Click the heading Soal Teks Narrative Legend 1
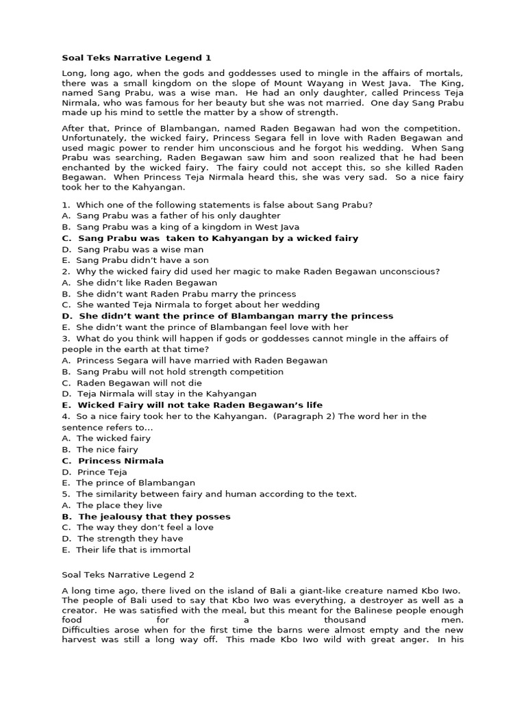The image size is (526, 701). coord(131,58)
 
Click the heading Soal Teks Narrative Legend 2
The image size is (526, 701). coord(128,575)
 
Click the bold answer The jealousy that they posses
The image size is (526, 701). coord(154,516)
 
